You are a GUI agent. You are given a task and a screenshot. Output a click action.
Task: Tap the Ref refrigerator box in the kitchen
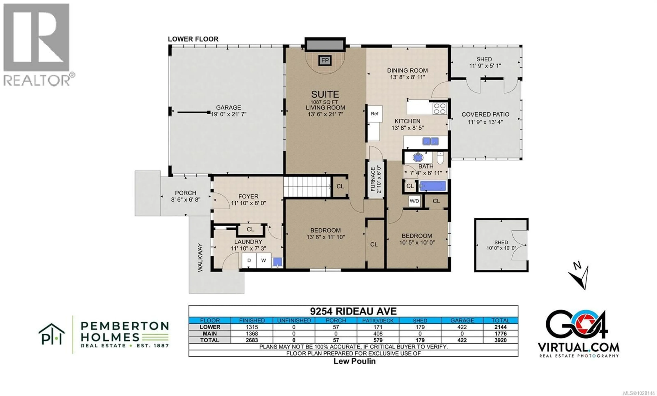[x=375, y=114]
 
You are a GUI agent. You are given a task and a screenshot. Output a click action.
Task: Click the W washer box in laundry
[x=263, y=260]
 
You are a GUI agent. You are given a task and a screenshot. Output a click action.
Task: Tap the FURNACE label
[x=373, y=179]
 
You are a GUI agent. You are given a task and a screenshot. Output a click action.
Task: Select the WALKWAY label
[x=200, y=258]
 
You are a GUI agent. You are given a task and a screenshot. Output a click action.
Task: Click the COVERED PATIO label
[x=485, y=115]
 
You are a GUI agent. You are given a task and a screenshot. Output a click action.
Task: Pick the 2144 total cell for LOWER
[x=500, y=327]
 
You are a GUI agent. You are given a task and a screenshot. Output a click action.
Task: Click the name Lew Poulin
[x=354, y=361]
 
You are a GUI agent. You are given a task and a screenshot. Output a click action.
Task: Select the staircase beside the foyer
[x=307, y=187]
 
